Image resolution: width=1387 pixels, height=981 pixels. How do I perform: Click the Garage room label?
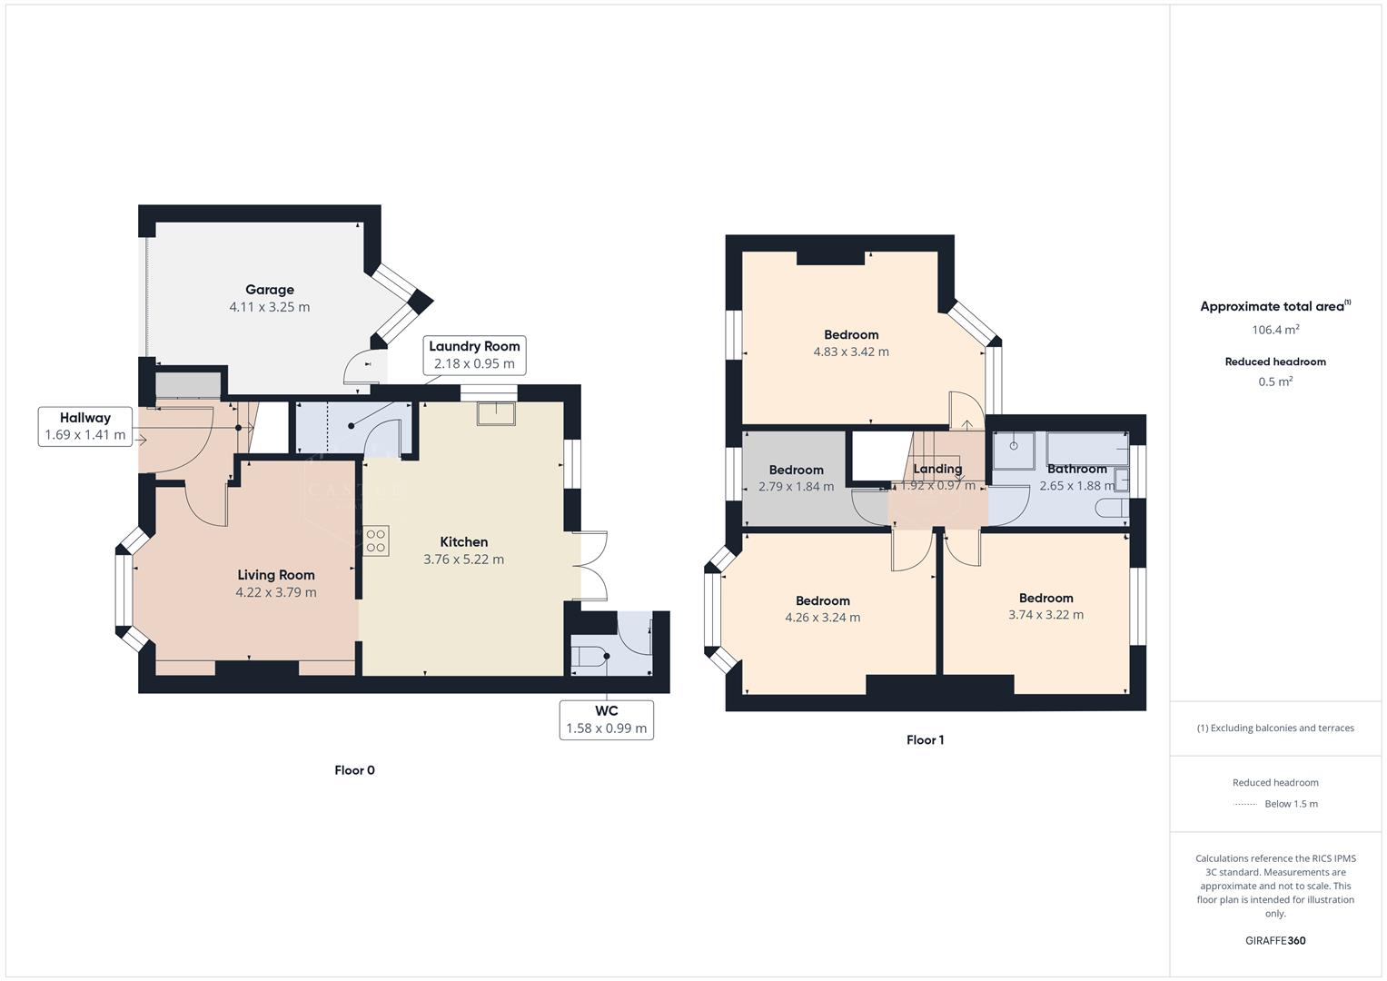coord(269,290)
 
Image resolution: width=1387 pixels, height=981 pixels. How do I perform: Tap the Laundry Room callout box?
coord(474,355)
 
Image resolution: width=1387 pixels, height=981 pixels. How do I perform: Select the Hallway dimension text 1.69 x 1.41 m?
coord(85,436)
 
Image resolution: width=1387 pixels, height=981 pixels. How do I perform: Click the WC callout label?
coord(606,719)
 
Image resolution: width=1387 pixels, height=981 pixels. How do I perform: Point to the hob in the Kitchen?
coord(375,540)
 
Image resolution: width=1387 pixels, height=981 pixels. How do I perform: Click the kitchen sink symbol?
coord(496,413)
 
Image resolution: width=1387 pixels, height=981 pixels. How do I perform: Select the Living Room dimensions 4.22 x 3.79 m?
coord(275,592)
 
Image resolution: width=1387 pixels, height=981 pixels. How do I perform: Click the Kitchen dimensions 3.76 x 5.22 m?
coord(463,560)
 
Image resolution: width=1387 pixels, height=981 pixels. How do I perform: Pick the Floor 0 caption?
coord(354,770)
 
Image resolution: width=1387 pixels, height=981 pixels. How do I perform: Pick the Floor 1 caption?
coord(925,740)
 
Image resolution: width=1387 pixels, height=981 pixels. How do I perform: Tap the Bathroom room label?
coord(1076,469)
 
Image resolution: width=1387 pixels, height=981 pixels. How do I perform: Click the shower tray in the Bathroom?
coord(1014,446)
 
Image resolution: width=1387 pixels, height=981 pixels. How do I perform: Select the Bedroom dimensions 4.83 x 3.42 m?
coord(850,352)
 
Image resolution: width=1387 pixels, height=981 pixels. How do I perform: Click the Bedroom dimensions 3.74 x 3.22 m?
coord(1045,615)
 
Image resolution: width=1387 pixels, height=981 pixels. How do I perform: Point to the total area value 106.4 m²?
coord(1274,330)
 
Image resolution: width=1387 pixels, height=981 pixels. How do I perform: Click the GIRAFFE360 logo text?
coord(1274,940)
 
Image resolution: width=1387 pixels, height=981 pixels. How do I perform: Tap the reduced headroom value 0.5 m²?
coord(1274,381)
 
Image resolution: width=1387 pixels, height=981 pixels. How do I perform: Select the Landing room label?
coord(936,469)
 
